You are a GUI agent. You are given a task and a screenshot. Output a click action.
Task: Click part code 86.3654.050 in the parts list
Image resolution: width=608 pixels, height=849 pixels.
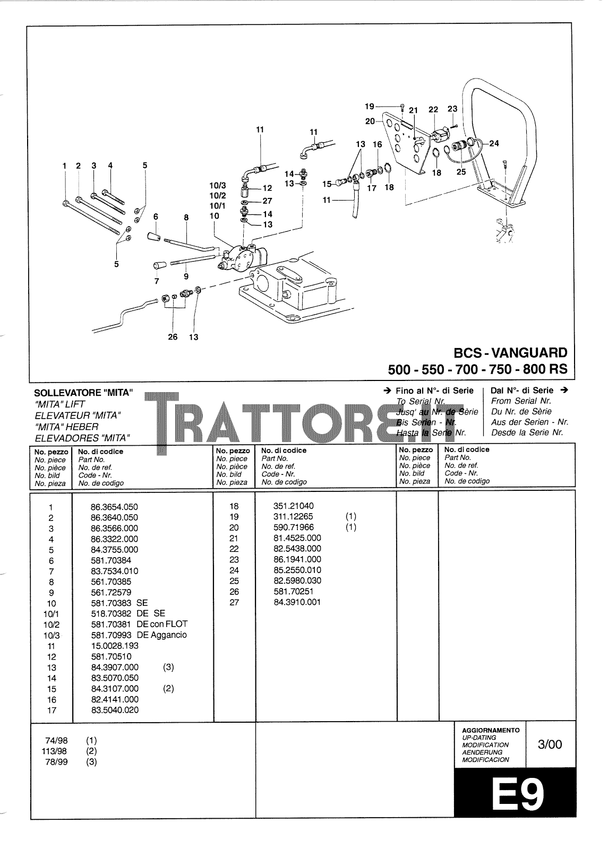click(114, 507)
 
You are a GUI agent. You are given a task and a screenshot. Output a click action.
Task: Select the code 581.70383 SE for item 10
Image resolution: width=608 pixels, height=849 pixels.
click(119, 603)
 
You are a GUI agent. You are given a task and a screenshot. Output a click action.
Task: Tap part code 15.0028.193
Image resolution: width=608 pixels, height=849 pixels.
click(115, 646)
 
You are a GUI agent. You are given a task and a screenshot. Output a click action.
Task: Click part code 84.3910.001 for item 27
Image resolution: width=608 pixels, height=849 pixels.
click(297, 602)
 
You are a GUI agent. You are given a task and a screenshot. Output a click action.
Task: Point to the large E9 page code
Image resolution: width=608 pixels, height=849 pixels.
click(515, 794)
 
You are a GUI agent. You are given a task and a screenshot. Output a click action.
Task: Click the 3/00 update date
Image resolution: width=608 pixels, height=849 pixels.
click(550, 744)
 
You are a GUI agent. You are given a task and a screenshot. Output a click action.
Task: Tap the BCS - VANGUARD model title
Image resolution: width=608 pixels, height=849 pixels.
click(510, 352)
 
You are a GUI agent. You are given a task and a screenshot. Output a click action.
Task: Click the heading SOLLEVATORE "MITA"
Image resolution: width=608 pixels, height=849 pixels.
click(83, 393)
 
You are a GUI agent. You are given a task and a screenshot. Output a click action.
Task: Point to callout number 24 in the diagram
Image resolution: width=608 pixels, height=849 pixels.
click(494, 143)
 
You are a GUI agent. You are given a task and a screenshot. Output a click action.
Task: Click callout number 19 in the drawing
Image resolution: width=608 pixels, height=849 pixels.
click(370, 106)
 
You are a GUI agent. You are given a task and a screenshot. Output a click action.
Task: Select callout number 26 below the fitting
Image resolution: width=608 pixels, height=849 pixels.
click(173, 337)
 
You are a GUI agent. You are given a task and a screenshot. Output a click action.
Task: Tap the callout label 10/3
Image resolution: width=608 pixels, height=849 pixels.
click(218, 186)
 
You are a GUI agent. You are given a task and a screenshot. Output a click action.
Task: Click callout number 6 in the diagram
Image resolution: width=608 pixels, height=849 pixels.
click(156, 216)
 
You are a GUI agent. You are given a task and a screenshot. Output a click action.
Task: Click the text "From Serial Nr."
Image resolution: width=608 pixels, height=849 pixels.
click(521, 401)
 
